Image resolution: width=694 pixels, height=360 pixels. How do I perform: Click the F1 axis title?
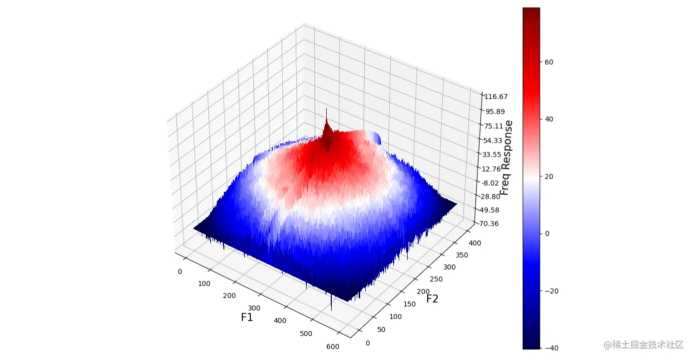point(247,317)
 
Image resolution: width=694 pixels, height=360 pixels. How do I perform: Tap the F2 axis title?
point(432,299)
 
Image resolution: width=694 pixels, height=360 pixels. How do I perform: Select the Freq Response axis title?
point(507,158)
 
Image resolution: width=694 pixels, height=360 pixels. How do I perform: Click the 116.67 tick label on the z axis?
point(496,96)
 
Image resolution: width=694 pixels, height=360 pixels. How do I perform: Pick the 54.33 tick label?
point(494,140)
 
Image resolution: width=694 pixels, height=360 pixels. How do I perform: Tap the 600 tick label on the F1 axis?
point(332,347)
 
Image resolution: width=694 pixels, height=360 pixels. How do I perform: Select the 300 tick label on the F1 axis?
point(254,308)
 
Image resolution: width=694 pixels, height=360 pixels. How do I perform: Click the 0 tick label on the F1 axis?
point(180,271)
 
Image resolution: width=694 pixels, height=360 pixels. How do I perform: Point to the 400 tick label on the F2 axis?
point(475,243)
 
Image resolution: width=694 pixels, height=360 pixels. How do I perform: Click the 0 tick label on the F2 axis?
point(368,343)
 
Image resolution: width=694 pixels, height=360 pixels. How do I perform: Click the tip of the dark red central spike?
point(326,108)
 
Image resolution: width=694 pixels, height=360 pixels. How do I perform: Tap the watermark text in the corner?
point(643,344)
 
